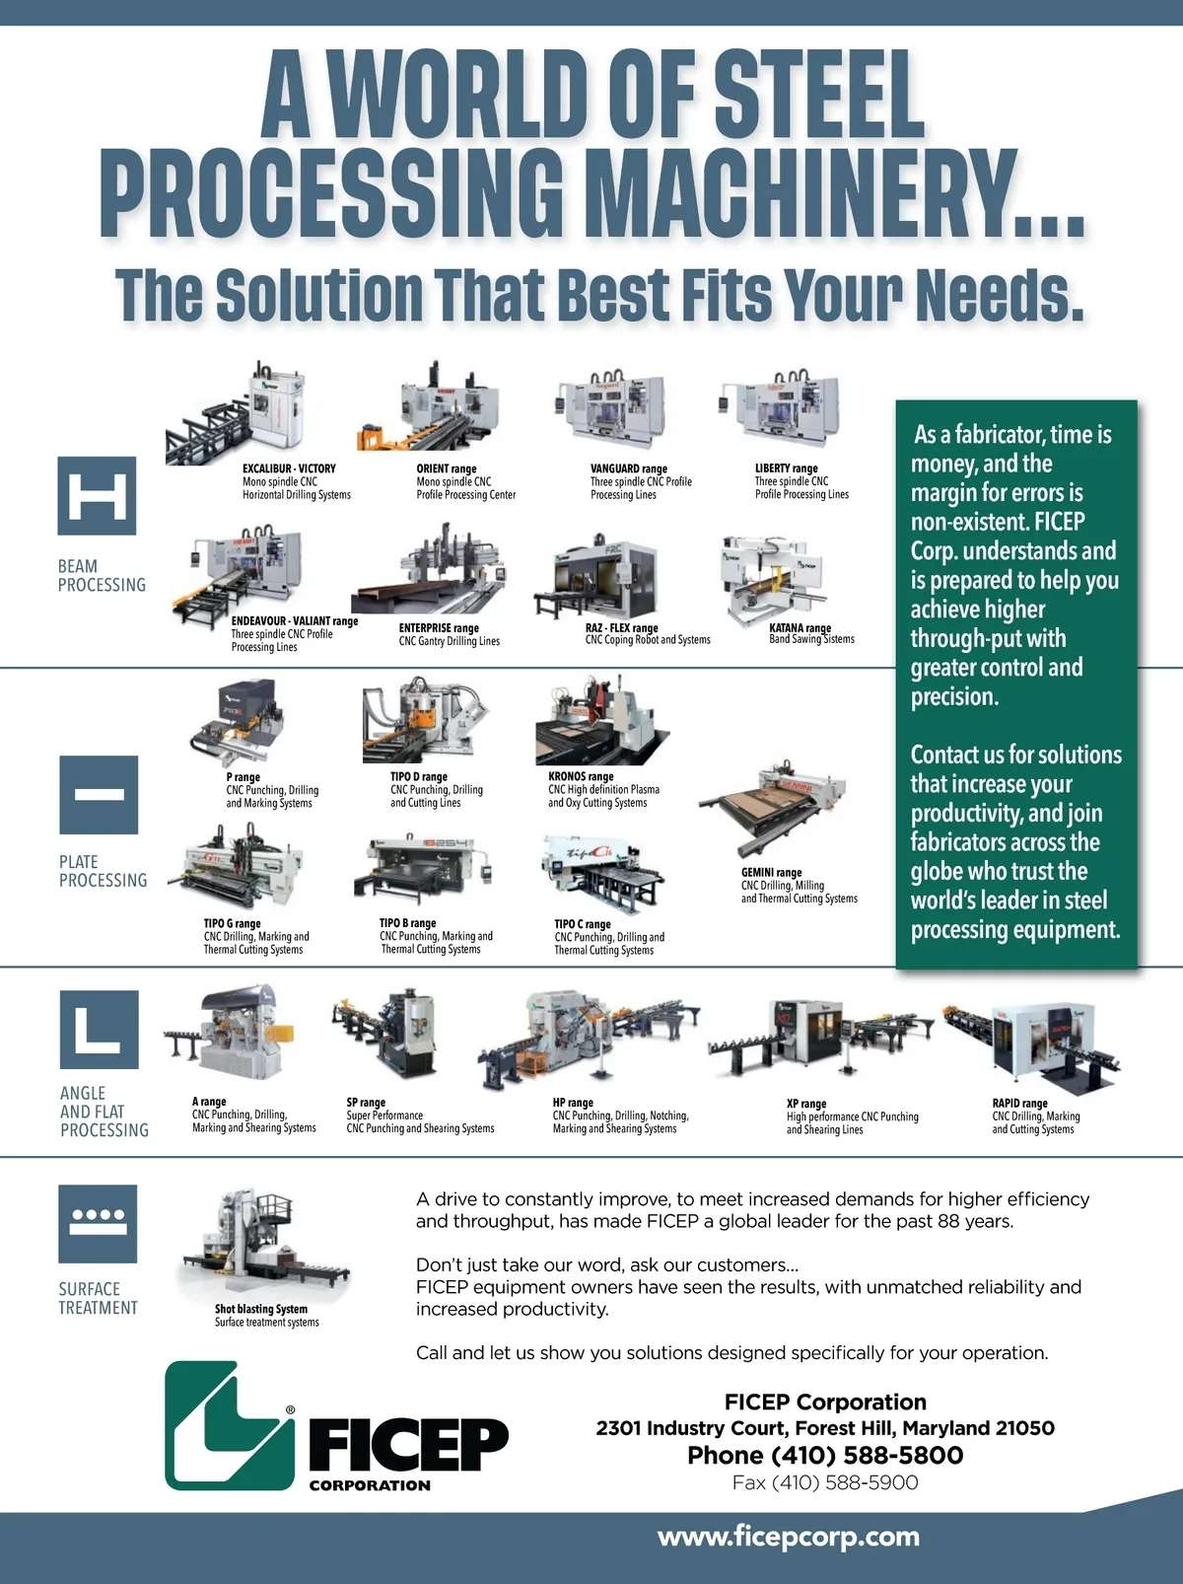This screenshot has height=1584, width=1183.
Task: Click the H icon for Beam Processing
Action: click(97, 496)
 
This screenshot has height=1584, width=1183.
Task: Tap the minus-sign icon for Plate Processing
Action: click(99, 795)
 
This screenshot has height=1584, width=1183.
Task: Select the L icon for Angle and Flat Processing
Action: click(99, 1029)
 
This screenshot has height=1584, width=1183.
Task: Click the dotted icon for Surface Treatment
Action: click(99, 1223)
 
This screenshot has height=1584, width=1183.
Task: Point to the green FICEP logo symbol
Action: click(230, 1426)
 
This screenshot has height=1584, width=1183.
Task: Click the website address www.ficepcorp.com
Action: click(789, 1537)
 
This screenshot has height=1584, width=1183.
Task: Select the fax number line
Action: click(825, 1483)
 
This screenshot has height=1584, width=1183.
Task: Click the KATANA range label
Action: click(800, 628)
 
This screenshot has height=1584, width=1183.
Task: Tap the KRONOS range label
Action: click(581, 776)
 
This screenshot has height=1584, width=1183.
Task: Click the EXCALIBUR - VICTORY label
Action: click(289, 468)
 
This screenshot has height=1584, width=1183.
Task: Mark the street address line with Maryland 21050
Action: click(825, 1428)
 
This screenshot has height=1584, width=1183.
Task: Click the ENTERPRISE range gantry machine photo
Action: click(430, 570)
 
